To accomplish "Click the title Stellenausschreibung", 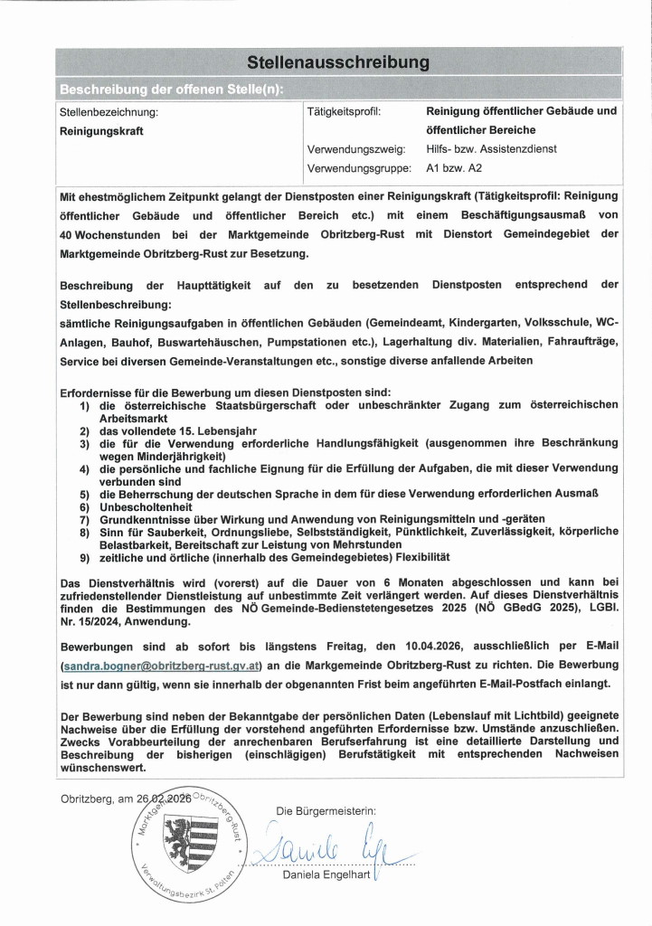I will point(337,62).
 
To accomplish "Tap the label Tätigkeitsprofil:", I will point(345,112).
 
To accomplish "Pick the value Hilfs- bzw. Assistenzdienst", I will point(491,149).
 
